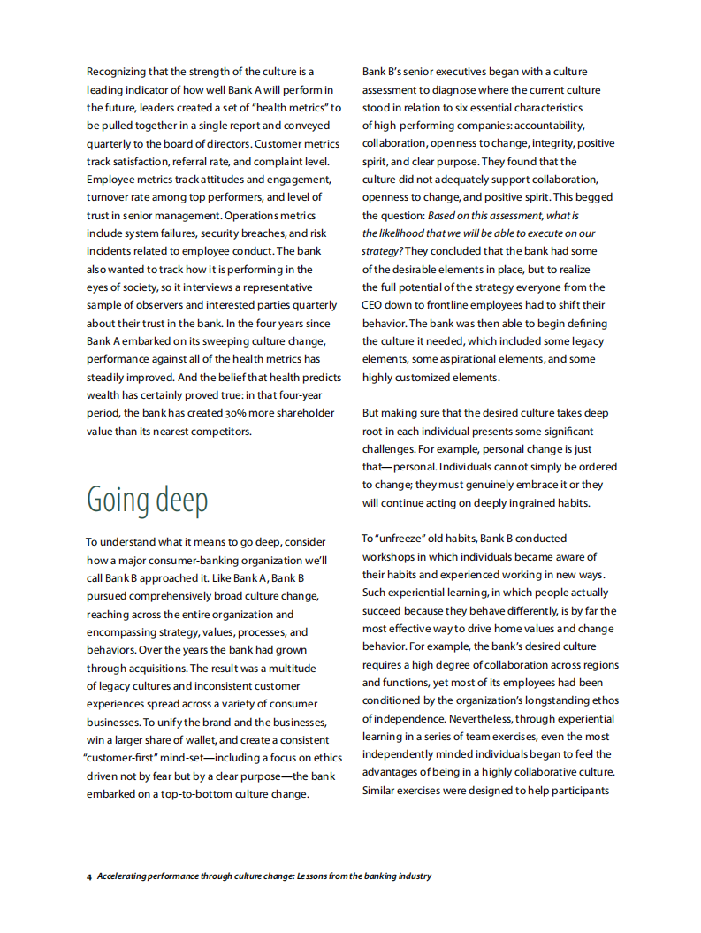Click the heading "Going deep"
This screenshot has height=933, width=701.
pos(147,500)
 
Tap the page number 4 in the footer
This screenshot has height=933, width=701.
pos(89,876)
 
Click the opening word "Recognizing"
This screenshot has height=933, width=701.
pos(118,72)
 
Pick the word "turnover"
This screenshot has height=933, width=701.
pos(108,197)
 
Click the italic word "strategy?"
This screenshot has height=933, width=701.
pos(382,251)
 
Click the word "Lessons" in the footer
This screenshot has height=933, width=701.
pos(331,876)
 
